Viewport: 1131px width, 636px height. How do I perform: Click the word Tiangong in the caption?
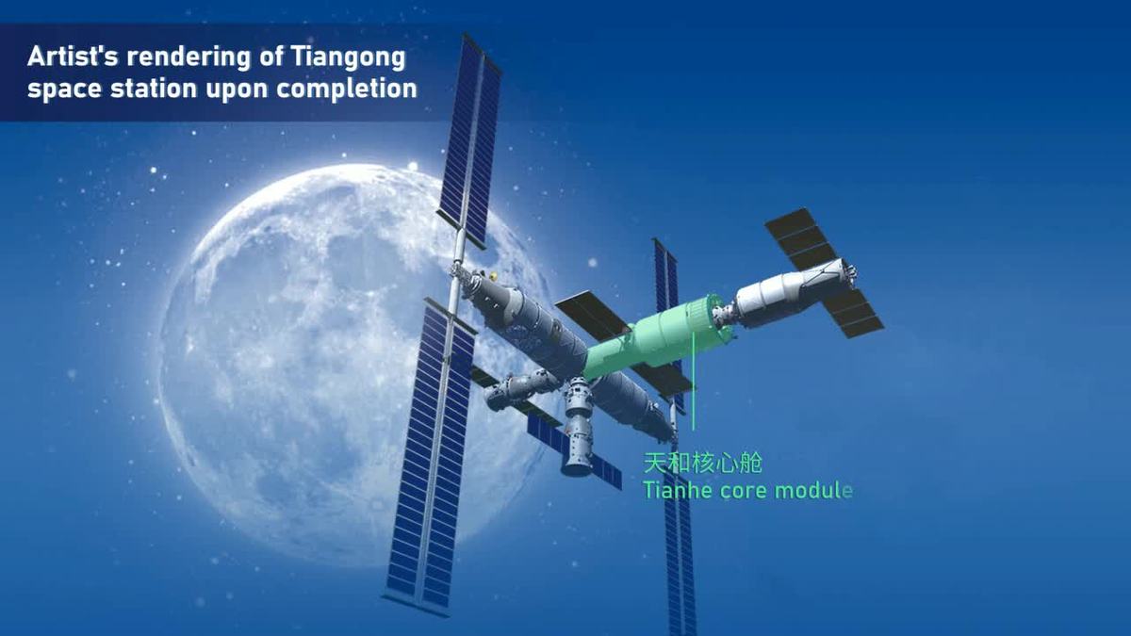tap(349, 57)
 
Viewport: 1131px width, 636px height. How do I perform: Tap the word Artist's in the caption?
tap(73, 56)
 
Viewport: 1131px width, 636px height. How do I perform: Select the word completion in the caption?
tap(347, 89)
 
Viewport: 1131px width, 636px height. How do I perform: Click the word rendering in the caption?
tap(188, 57)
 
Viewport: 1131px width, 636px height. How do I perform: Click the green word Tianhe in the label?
tap(677, 490)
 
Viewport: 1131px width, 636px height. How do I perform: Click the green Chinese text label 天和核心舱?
tap(702, 463)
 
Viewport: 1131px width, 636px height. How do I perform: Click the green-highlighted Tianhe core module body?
tap(656, 338)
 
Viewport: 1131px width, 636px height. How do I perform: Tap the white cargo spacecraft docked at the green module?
tap(793, 294)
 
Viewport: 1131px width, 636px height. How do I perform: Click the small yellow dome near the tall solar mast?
tap(493, 276)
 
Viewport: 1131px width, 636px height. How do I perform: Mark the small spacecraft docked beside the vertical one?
tap(515, 388)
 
